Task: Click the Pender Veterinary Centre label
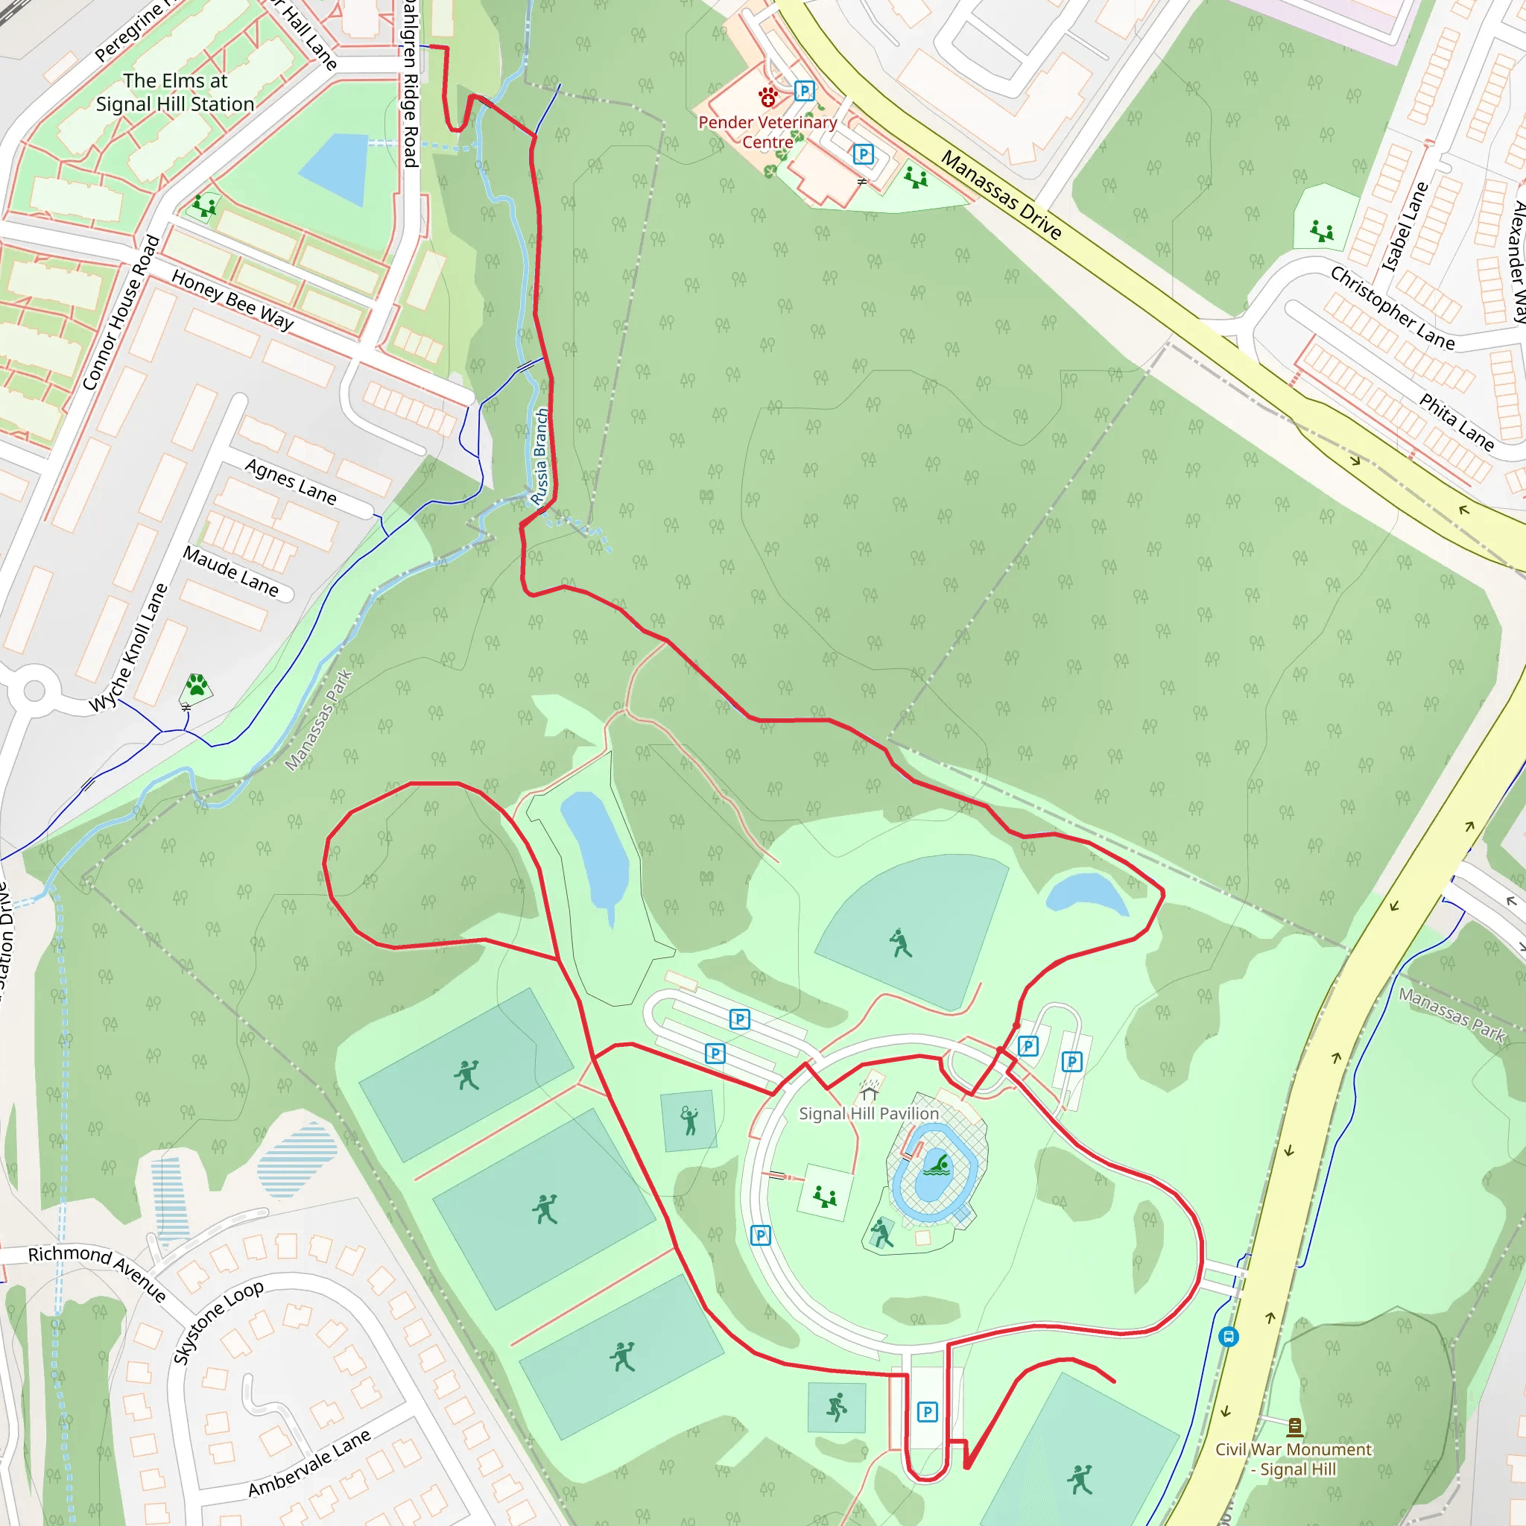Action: coord(767,132)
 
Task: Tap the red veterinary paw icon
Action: coord(767,96)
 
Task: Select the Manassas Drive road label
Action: coord(1001,195)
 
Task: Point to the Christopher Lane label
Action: coord(1392,307)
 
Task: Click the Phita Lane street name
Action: coord(1457,422)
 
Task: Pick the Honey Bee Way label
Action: coord(232,300)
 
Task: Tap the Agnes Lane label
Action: coord(291,481)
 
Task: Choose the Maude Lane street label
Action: coord(231,571)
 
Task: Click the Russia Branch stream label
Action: coord(539,457)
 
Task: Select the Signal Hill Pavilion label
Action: coord(869,1114)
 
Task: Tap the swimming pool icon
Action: coord(937,1165)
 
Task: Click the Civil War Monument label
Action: coord(1293,1459)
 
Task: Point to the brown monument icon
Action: coord(1294,1426)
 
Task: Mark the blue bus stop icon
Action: coord(1228,1337)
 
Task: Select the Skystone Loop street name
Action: coord(218,1321)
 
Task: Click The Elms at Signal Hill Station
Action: coord(174,92)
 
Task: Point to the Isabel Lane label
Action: coord(1405,226)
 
